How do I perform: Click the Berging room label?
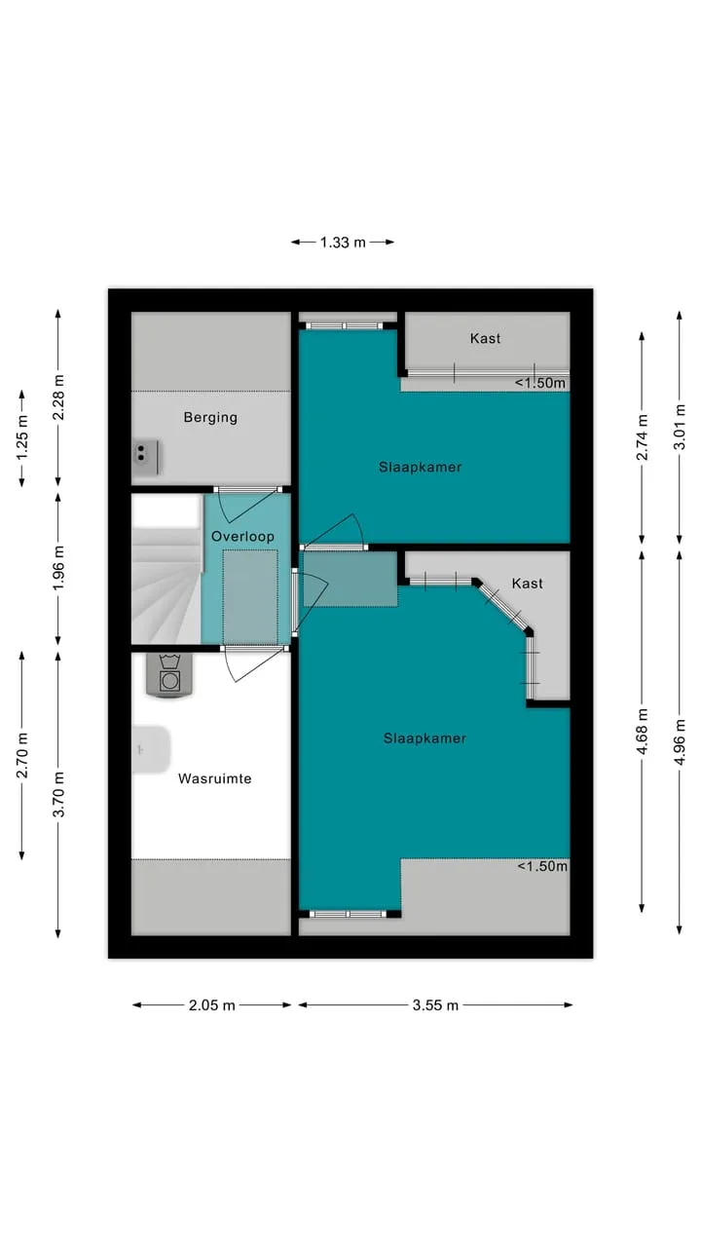(x=210, y=418)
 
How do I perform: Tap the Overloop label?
(x=242, y=536)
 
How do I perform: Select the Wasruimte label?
(x=215, y=778)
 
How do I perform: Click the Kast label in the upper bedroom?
(x=485, y=338)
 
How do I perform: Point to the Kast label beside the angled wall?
(x=527, y=583)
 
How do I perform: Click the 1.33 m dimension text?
(x=343, y=243)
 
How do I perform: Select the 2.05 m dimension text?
(x=212, y=1005)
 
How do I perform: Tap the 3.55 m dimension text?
(x=435, y=1005)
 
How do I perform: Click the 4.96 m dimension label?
(x=680, y=742)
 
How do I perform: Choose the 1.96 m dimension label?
(x=59, y=568)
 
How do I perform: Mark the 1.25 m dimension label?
(x=22, y=438)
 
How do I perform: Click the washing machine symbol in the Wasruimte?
(x=169, y=675)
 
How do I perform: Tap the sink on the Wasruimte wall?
(x=151, y=750)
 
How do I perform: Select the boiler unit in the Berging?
(x=146, y=458)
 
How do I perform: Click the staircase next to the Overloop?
(x=166, y=569)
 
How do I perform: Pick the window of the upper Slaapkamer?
(x=345, y=325)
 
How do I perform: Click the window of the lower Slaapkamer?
(x=348, y=914)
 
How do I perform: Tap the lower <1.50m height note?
(x=542, y=866)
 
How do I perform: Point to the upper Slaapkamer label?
(x=420, y=467)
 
